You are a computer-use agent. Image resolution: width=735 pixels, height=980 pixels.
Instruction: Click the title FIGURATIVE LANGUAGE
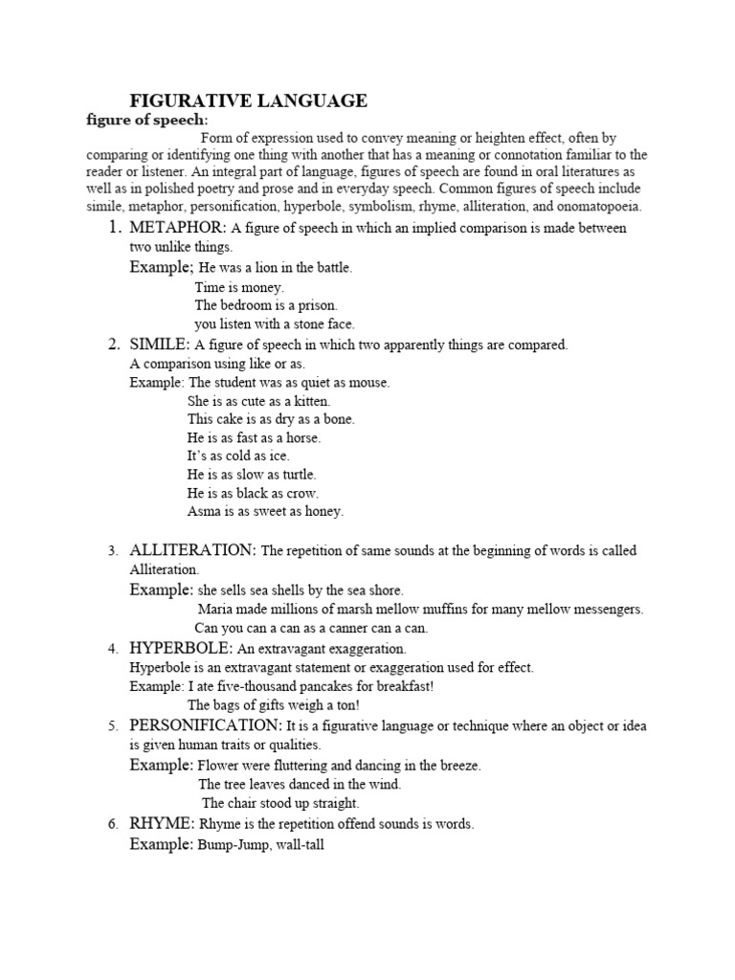pyautogui.click(x=248, y=100)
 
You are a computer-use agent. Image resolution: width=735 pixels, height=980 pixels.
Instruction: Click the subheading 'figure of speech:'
pyautogui.click(x=146, y=120)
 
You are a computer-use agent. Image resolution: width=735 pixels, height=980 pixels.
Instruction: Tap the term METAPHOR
pyautogui.click(x=176, y=228)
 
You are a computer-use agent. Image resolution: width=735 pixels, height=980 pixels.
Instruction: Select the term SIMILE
pyautogui.click(x=157, y=345)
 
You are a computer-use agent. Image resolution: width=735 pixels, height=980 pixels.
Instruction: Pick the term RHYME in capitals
pyautogui.click(x=161, y=824)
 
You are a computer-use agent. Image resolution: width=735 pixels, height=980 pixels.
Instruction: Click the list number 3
pyautogui.click(x=112, y=551)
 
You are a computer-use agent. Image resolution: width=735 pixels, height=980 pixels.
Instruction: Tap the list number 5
pyautogui.click(x=112, y=727)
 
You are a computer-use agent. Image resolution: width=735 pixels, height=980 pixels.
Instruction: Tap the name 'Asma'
pyautogui.click(x=203, y=512)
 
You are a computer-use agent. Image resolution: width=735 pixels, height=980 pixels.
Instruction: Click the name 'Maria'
pyautogui.click(x=216, y=610)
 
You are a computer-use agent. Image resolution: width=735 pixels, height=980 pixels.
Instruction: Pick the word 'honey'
pyautogui.click(x=323, y=512)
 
